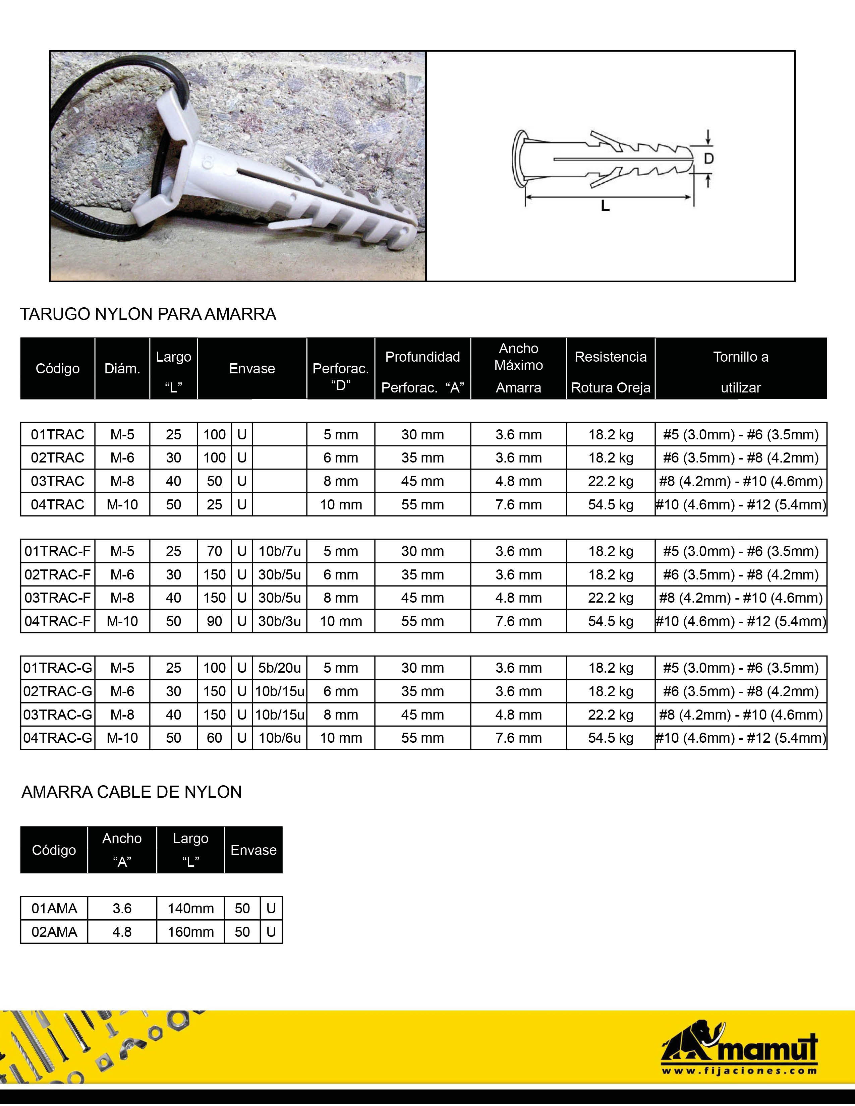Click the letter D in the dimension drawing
pyautogui.click(x=708, y=159)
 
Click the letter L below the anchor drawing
pyautogui.click(x=605, y=206)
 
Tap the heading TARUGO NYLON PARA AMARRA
pyautogui.click(x=148, y=314)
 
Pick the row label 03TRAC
pyautogui.click(x=57, y=481)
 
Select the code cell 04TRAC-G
pyautogui.click(x=57, y=738)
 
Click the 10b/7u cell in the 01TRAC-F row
pyautogui.click(x=279, y=551)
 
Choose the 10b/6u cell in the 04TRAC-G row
pyautogui.click(x=279, y=738)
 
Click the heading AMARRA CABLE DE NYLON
pyautogui.click(x=131, y=792)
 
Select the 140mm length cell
pyautogui.click(x=190, y=909)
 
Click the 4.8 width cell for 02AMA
pyautogui.click(x=122, y=932)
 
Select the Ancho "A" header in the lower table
pyautogui.click(x=122, y=850)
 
